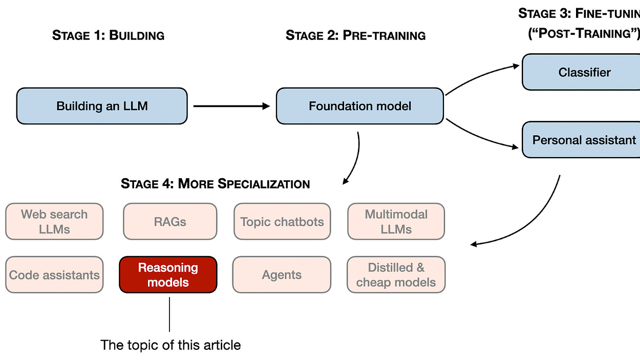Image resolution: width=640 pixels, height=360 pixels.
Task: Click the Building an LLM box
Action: (102, 106)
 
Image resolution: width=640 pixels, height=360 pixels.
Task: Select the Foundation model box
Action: (359, 106)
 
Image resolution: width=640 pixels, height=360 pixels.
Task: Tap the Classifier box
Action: (584, 72)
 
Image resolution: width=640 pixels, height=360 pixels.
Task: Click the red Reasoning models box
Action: (168, 275)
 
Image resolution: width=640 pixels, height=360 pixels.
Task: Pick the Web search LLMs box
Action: (54, 222)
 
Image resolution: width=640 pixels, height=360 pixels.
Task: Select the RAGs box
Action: (170, 222)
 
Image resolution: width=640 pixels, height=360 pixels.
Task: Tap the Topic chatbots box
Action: (282, 222)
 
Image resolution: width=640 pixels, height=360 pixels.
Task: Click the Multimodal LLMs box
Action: (396, 222)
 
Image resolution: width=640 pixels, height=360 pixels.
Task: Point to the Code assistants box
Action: (54, 275)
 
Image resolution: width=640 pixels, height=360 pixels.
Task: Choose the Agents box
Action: (282, 275)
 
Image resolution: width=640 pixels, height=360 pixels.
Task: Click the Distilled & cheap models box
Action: (396, 275)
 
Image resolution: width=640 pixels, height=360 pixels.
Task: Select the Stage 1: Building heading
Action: (108, 35)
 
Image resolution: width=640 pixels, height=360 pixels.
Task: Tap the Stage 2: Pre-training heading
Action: (355, 35)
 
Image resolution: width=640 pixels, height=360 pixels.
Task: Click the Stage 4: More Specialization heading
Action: (215, 184)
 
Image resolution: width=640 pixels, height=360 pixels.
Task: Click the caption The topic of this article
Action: (170, 345)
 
